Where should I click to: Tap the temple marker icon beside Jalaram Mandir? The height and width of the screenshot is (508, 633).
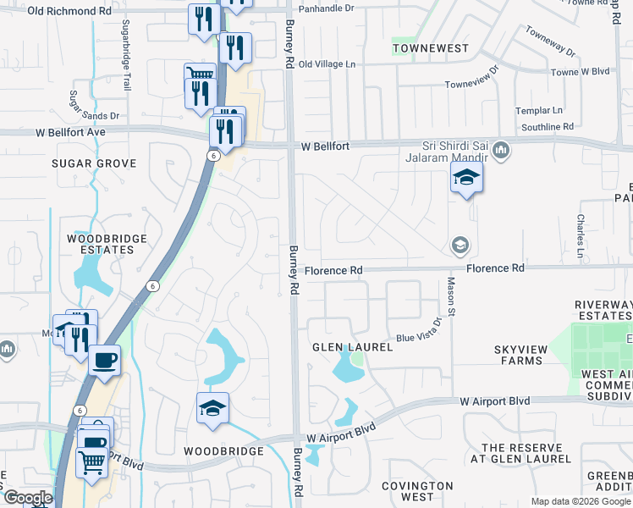click(501, 151)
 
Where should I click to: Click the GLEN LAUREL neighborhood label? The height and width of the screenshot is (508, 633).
click(353, 347)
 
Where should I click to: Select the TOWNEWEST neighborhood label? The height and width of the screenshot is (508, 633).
click(431, 48)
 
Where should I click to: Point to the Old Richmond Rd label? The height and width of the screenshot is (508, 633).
click(69, 11)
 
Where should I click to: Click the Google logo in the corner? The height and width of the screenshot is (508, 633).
click(27, 499)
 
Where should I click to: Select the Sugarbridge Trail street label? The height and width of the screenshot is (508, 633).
click(126, 56)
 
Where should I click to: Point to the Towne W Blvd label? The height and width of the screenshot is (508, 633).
click(574, 71)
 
